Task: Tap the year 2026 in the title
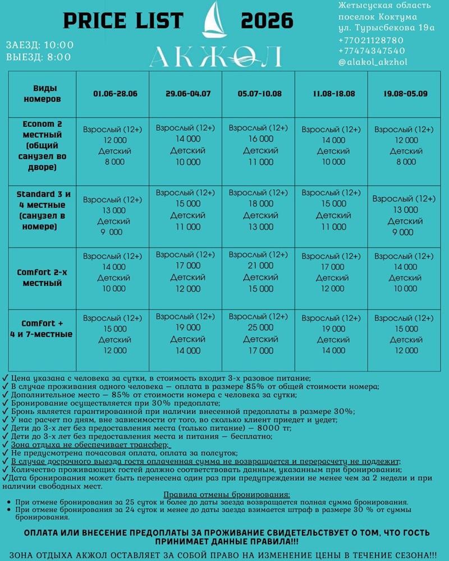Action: click(x=267, y=21)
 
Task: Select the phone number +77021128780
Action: click(x=371, y=40)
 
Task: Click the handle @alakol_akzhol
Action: click(x=373, y=62)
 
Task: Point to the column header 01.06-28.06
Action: click(x=115, y=94)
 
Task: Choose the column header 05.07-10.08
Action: click(x=259, y=94)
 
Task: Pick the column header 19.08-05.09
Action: click(x=405, y=94)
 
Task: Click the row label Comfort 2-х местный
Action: click(x=42, y=278)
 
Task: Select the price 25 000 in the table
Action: click(x=260, y=328)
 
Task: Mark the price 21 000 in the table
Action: click(x=260, y=266)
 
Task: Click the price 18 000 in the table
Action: click(x=260, y=204)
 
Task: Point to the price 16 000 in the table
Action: click(x=260, y=139)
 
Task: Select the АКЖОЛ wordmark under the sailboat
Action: click(x=216, y=57)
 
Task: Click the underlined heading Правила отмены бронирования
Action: click(x=227, y=495)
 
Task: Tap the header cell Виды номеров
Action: click(x=42, y=94)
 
